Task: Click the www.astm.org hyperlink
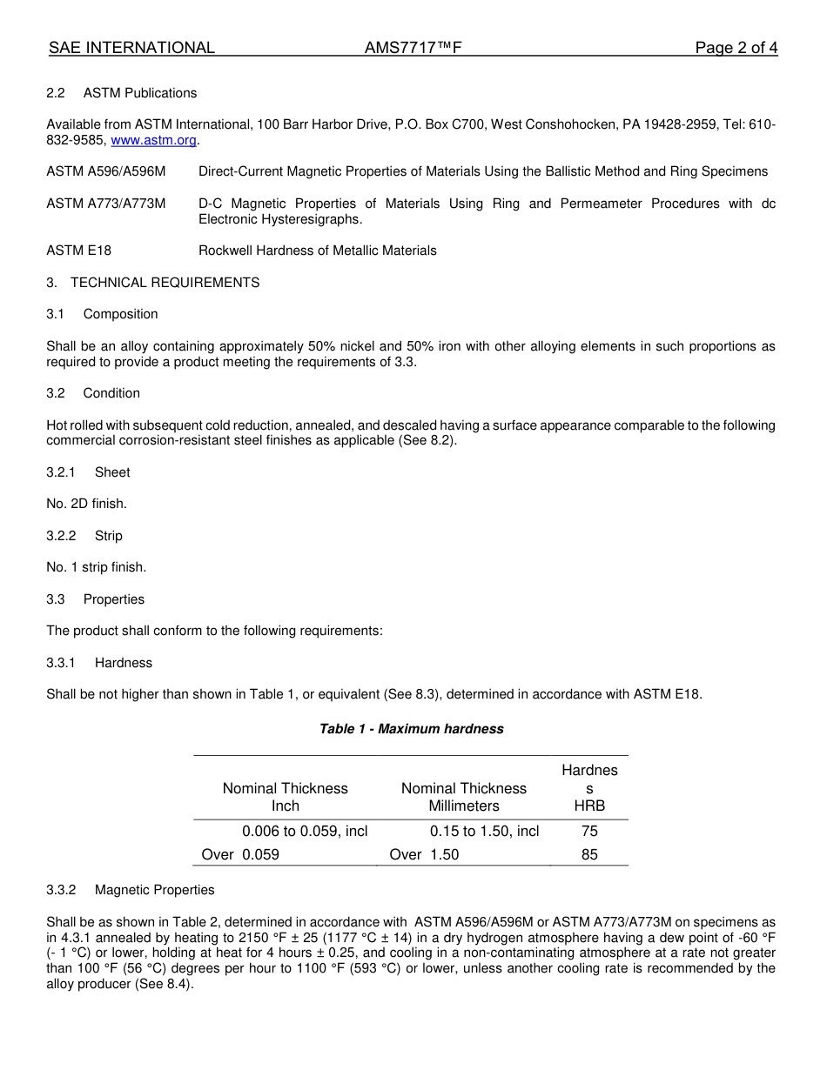153,140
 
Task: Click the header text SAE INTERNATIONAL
131,48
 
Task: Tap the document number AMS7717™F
412,48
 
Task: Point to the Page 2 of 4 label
736,48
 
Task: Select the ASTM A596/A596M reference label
105,171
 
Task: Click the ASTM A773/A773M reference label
105,204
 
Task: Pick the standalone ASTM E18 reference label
79,251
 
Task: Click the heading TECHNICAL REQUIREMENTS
165,283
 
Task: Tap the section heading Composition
120,314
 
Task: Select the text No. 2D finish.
86,504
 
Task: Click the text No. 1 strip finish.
96,567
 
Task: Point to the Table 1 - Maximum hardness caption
411,729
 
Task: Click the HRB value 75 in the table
589,831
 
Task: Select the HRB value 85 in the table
589,854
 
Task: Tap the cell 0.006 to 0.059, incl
305,831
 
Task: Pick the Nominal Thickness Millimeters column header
463,797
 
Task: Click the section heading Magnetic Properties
154,890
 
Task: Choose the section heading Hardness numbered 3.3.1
123,663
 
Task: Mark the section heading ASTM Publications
139,93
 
